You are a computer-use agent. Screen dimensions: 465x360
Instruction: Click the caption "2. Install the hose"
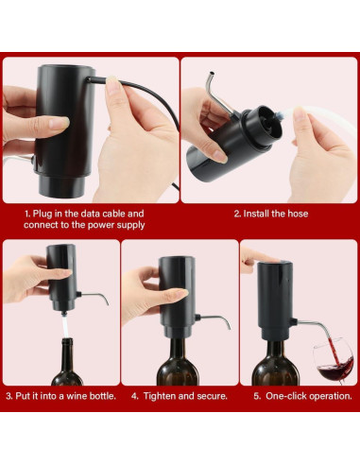[270, 214]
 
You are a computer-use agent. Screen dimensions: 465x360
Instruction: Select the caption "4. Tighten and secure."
[180, 395]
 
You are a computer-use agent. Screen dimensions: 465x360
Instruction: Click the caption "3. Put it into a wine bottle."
[60, 395]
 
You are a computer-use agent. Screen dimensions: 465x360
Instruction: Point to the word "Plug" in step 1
[49, 214]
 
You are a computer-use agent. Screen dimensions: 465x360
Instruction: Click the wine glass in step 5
[333, 360]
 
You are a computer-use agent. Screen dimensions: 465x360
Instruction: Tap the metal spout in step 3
[94, 298]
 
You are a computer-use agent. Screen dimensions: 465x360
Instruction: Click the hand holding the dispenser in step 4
[142, 284]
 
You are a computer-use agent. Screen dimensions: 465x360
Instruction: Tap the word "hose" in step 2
[296, 214]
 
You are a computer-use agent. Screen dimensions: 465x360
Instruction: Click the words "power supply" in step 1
[115, 225]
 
